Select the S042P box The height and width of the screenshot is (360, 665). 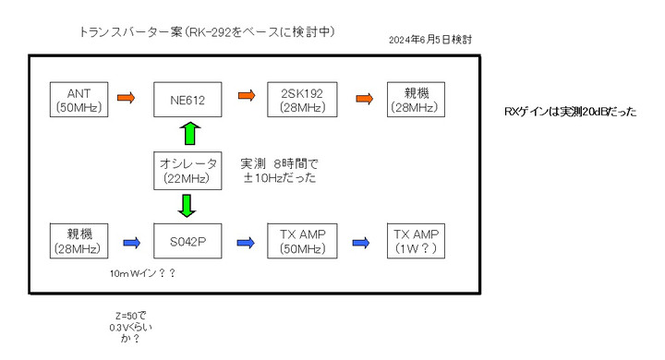188,243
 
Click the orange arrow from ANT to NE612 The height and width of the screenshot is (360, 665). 127,96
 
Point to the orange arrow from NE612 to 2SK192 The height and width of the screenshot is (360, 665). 247,96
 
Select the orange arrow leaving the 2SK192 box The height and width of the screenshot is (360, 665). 363,96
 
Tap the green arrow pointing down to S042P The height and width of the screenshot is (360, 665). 188,206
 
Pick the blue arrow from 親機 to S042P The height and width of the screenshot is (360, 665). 130,243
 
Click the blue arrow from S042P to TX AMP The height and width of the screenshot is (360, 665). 247,243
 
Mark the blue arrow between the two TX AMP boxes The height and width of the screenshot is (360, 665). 363,243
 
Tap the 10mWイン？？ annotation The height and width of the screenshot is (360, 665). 141,275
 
